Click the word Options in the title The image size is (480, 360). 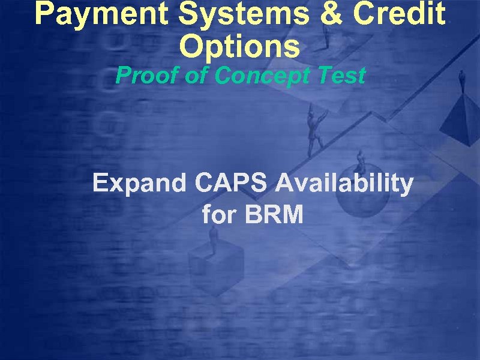coord(239,47)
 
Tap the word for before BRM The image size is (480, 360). coord(219,214)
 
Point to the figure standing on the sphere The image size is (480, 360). coord(361,160)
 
